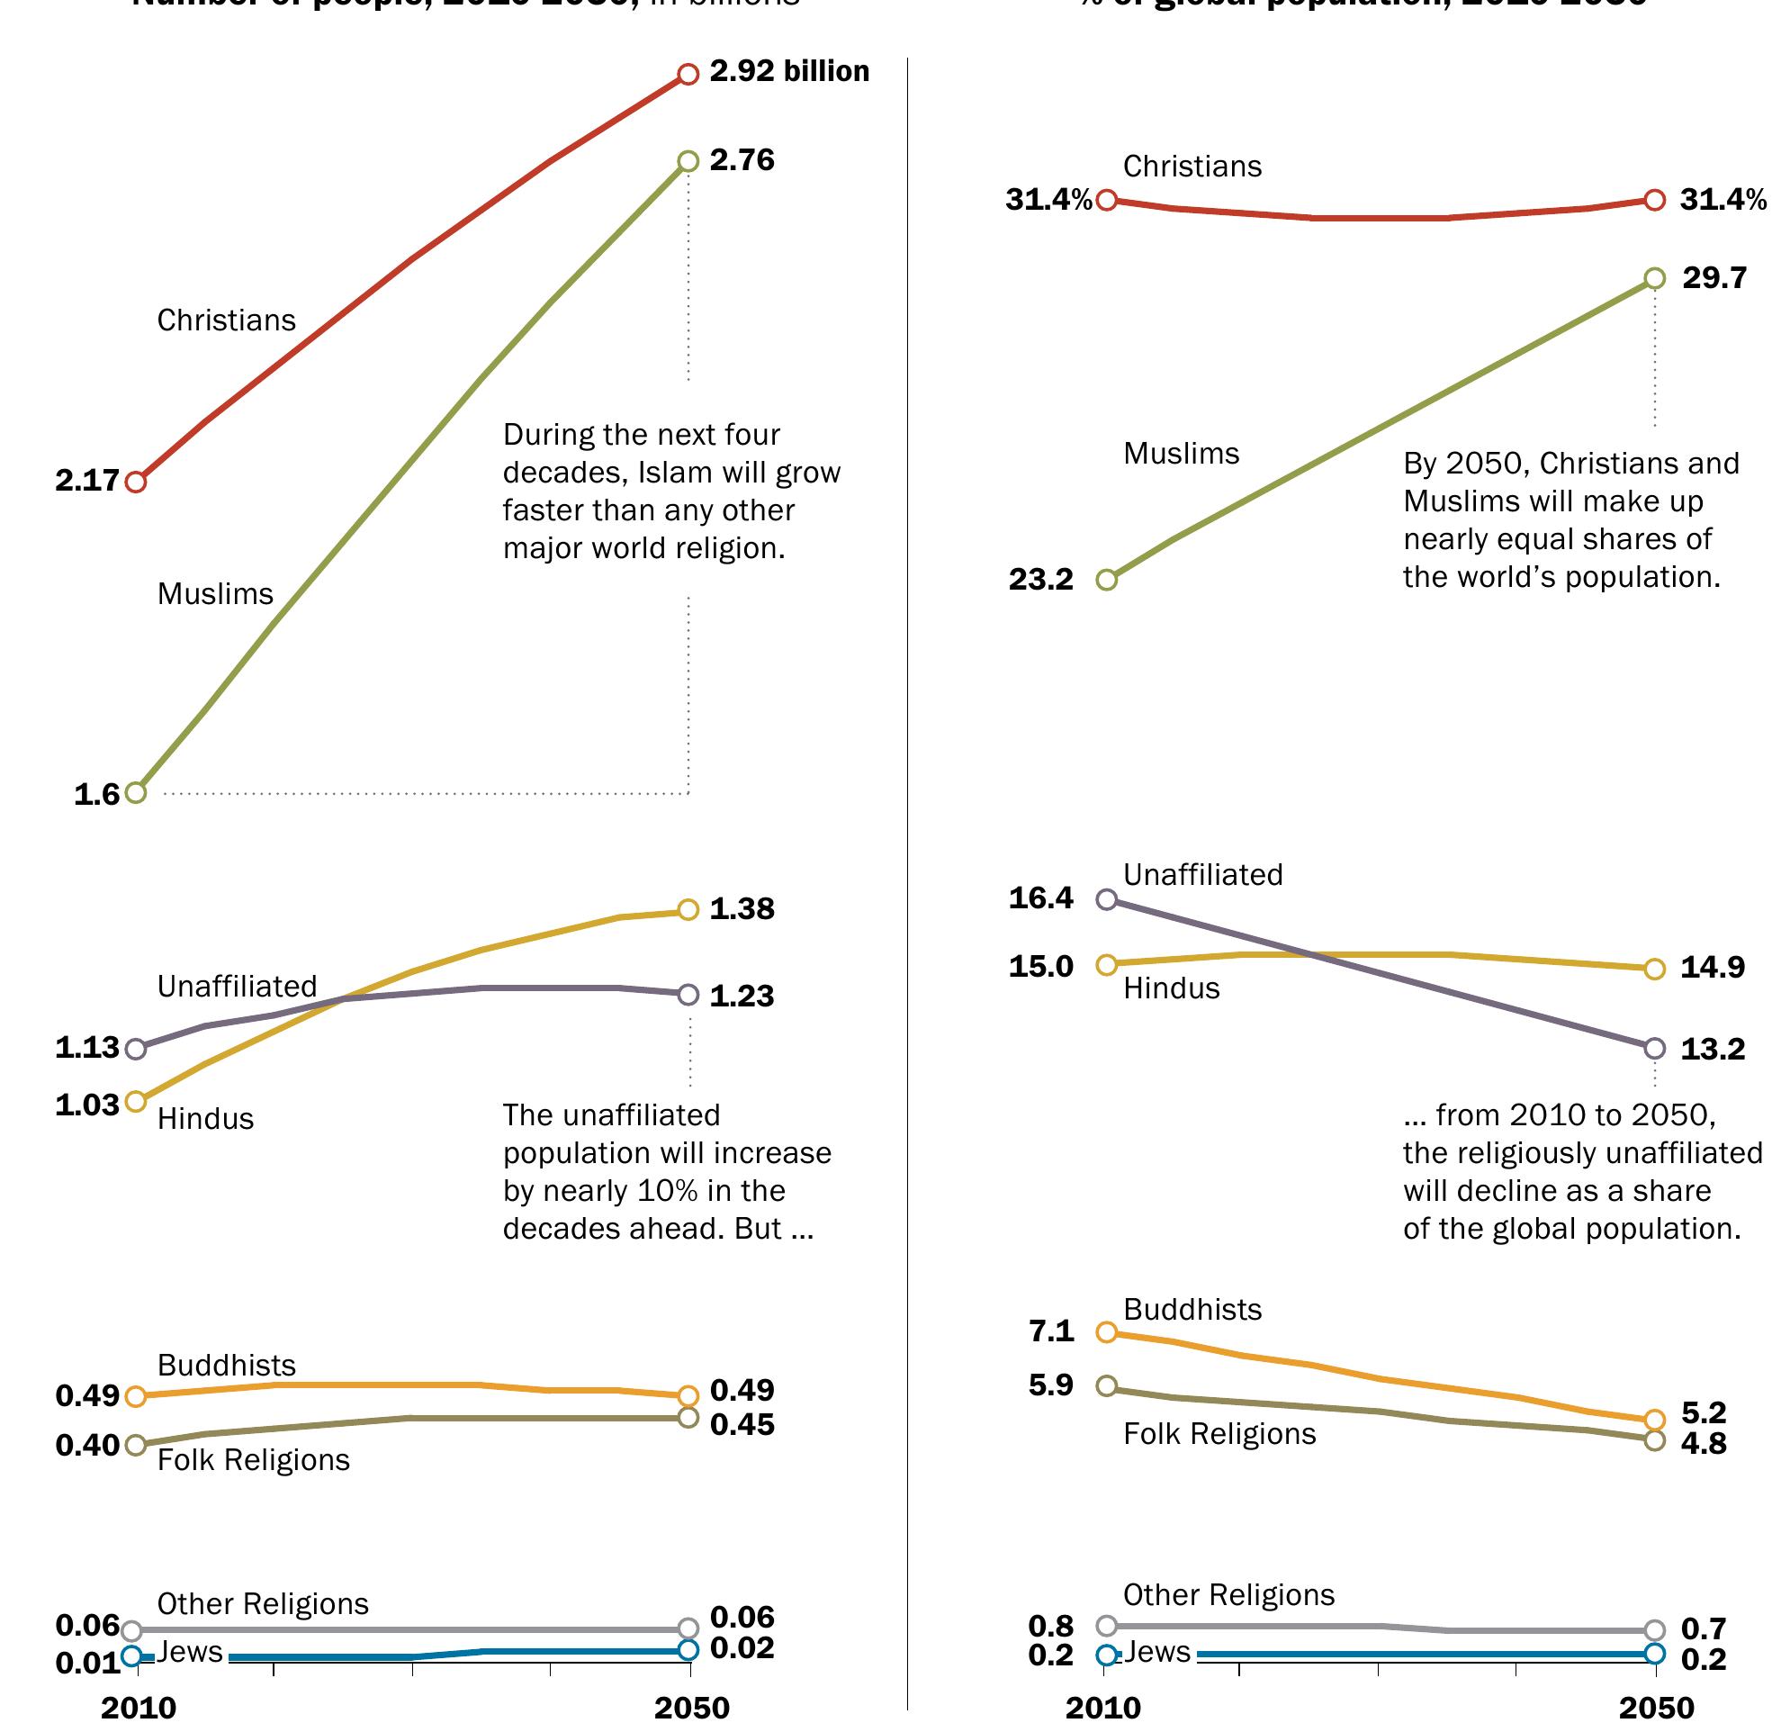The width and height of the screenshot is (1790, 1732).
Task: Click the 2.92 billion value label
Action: (x=789, y=71)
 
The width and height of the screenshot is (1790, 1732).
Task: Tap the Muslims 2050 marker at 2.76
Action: (x=688, y=162)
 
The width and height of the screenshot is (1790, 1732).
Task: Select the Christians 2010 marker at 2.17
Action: (x=135, y=482)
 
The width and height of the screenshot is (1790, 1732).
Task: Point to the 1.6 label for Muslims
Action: (x=97, y=795)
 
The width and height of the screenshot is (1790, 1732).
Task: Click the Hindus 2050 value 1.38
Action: (x=742, y=909)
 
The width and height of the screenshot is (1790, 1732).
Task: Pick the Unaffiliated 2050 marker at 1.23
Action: (x=688, y=994)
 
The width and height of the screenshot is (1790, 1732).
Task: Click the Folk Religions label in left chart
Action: (x=253, y=1460)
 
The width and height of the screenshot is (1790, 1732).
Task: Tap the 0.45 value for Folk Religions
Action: (x=742, y=1424)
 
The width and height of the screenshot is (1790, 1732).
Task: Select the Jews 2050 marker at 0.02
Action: (x=688, y=1649)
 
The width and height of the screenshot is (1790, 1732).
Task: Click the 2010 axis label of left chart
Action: (x=139, y=1708)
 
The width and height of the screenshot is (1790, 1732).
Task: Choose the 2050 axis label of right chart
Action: (x=1657, y=1708)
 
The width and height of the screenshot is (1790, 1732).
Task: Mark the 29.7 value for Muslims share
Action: (x=1714, y=277)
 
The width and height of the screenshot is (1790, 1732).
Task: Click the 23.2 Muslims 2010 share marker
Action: (x=1106, y=580)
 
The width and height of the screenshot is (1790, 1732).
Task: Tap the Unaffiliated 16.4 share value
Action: (x=1041, y=898)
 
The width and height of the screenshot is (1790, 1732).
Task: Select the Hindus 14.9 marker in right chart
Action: (x=1654, y=970)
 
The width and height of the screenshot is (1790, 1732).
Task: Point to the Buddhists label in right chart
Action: (x=1192, y=1310)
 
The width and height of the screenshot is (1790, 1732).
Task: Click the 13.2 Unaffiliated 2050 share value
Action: (x=1713, y=1049)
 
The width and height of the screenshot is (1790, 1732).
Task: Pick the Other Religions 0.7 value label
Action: (x=1704, y=1628)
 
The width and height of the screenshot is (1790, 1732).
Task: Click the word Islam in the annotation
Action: (x=671, y=473)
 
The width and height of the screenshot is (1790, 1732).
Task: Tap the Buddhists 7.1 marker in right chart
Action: (x=1106, y=1332)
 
